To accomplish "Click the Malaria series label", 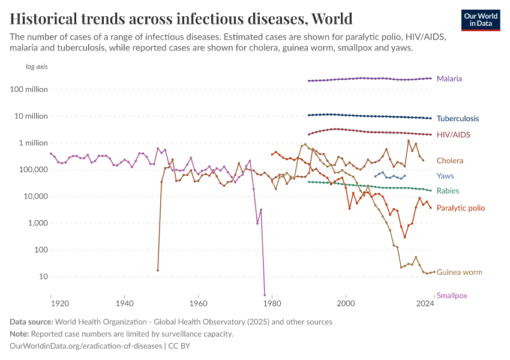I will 449,79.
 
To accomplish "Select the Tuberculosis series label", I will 457,119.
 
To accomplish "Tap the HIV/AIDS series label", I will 453,135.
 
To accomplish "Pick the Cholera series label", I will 449,161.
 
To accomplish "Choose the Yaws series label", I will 445,176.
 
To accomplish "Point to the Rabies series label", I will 448,191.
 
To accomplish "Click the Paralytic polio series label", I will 460,208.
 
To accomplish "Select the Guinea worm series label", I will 459,272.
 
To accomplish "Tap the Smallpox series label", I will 452,295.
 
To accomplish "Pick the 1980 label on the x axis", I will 272,304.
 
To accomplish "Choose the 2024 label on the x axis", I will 425,304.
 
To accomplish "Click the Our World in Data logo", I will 480,19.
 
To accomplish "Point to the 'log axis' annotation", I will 37,67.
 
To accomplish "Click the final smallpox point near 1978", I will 265,295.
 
